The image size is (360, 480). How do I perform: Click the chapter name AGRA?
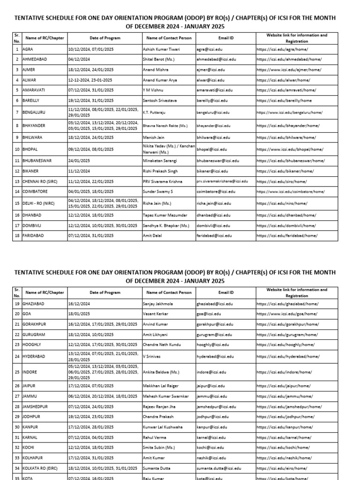[x=28, y=49]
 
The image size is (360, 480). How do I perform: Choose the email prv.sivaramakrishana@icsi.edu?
[x=222, y=181]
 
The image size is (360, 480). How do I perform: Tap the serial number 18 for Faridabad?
[x=17, y=236]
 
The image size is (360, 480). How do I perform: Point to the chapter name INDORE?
[x=30, y=372]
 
